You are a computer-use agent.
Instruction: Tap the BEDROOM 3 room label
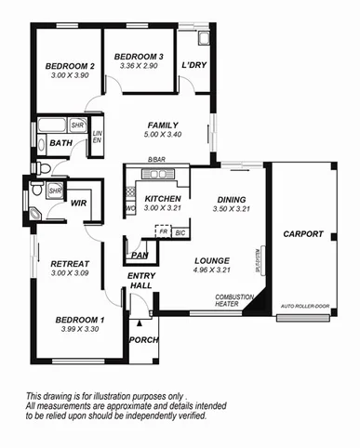(140, 58)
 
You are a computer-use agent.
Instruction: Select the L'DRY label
(193, 65)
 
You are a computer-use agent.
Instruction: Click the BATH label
(61, 143)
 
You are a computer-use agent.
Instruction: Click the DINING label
(231, 200)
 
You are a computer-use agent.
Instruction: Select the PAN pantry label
(140, 255)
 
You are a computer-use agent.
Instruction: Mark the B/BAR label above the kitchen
(156, 161)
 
